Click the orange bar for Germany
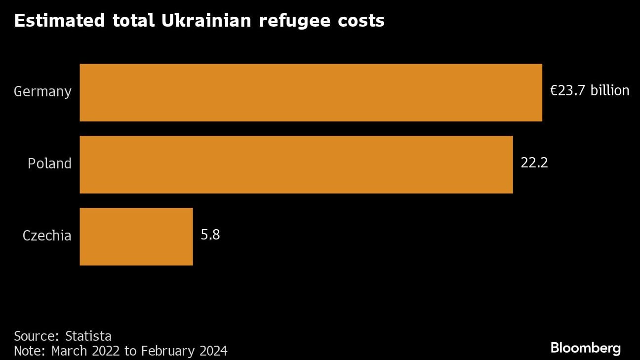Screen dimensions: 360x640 [x=311, y=92]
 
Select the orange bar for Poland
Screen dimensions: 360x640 [x=296, y=164]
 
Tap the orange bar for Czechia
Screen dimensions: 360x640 [x=136, y=237]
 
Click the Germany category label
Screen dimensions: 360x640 [x=42, y=92]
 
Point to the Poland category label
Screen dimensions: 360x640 [x=49, y=163]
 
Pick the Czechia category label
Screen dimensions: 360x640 [x=47, y=236]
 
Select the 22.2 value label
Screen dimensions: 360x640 [x=534, y=163]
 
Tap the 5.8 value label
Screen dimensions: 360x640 [x=210, y=235]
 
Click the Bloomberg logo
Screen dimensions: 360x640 [x=585, y=348]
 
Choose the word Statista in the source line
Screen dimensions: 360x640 [x=88, y=336]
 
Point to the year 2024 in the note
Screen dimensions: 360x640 [x=213, y=351]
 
